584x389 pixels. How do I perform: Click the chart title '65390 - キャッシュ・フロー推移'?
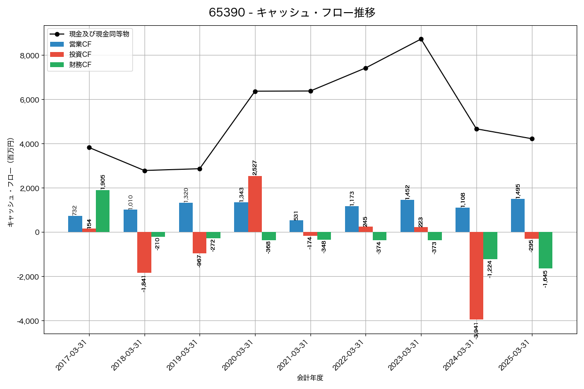point(292,13)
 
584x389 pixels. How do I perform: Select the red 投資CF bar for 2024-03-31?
point(476,276)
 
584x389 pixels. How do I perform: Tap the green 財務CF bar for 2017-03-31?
point(103,211)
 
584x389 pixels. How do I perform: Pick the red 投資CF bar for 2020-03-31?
point(255,204)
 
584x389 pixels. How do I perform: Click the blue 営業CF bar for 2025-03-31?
point(518,215)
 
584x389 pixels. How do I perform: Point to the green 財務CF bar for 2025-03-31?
point(546,250)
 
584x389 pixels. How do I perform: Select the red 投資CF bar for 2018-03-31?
point(144,252)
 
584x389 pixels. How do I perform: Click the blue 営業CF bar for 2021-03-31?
point(296,226)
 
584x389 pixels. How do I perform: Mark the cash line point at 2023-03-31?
point(421,39)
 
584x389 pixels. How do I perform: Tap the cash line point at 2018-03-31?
point(145,171)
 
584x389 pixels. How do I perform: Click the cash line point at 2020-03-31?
point(255,91)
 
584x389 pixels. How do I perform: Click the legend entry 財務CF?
point(80,64)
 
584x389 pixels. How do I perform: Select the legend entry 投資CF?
point(80,54)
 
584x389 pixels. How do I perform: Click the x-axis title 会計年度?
point(310,378)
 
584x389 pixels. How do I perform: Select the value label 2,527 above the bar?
point(255,168)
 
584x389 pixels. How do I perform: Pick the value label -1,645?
point(545,279)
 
